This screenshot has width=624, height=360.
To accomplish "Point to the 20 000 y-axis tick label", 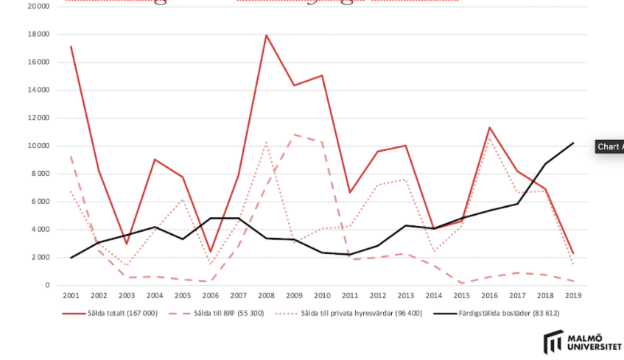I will pyautogui.click(x=37, y=7).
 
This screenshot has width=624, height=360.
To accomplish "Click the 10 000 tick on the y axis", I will pyautogui.click(x=37, y=146).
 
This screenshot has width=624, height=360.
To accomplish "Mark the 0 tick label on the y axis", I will pyautogui.click(x=46, y=285).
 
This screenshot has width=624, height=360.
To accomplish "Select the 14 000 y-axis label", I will pyautogui.click(x=37, y=91).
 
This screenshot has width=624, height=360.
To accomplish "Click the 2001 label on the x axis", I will pyautogui.click(x=71, y=295).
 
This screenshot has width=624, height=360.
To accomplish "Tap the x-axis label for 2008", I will pyautogui.click(x=266, y=295).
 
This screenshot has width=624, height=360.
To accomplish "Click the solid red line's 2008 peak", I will pyautogui.click(x=266, y=35).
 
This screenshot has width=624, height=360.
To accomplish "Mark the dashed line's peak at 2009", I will pyautogui.click(x=294, y=135).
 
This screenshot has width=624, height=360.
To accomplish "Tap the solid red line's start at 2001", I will pyautogui.click(x=71, y=46).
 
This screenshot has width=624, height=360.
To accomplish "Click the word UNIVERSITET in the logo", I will pyautogui.click(x=595, y=347).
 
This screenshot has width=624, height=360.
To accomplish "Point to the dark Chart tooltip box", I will pyautogui.click(x=610, y=147).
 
